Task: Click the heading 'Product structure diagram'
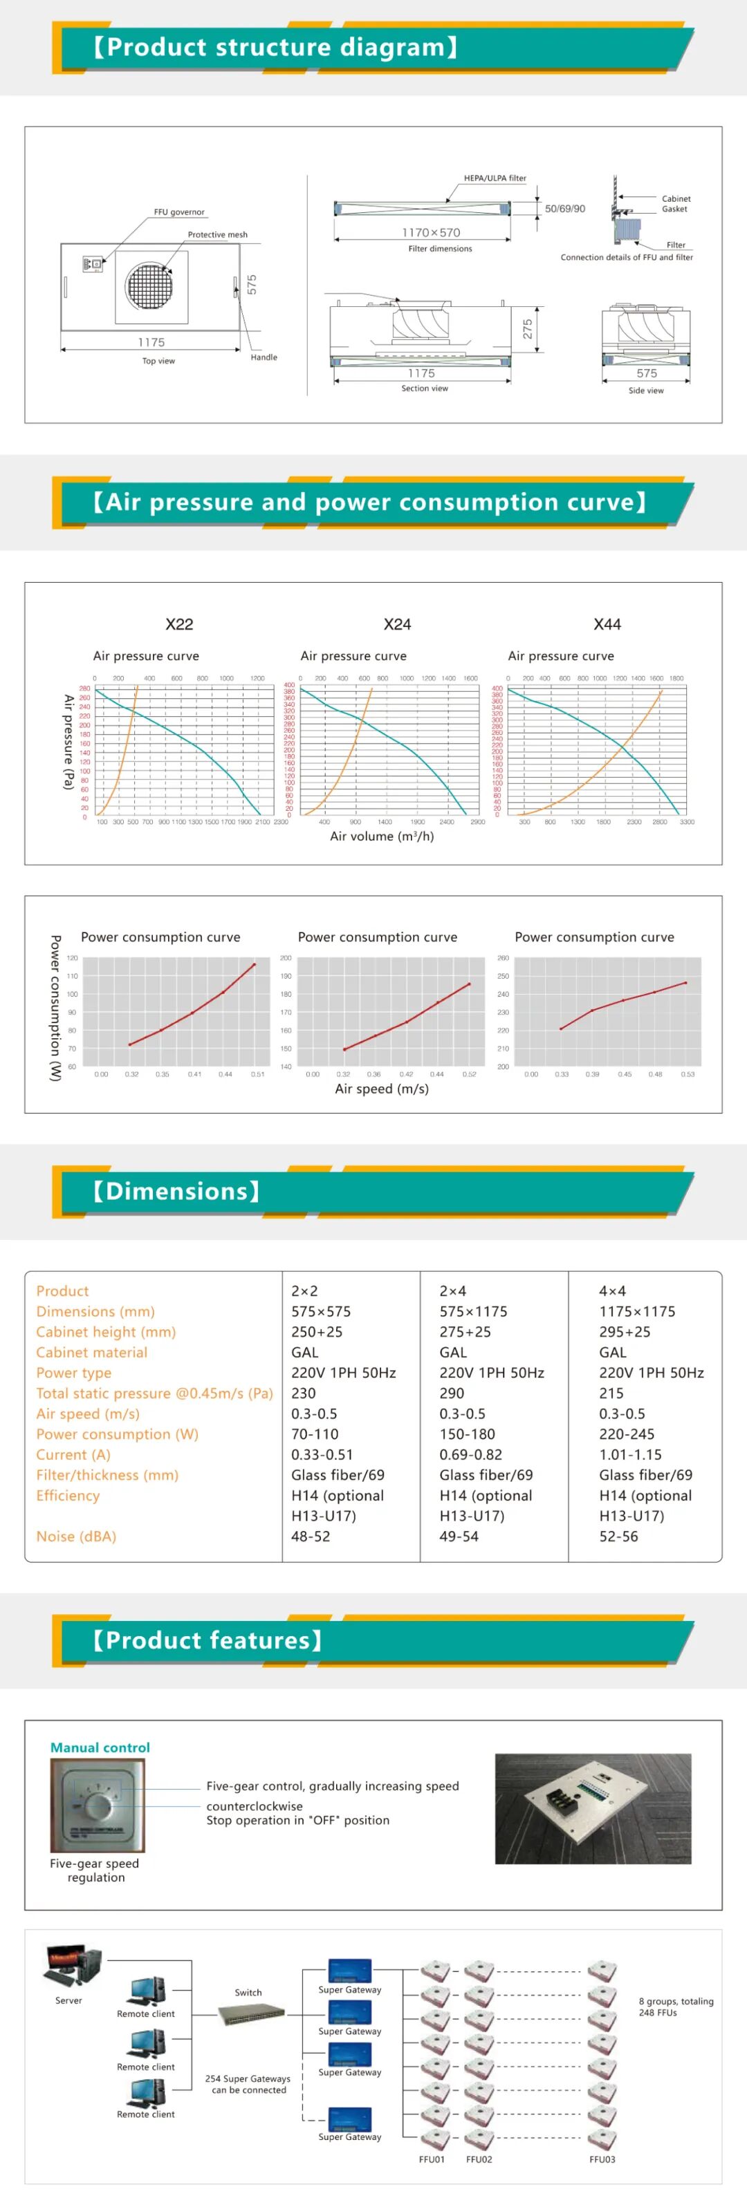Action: (x=275, y=48)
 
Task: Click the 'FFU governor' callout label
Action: (x=179, y=212)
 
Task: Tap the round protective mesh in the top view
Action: (x=150, y=284)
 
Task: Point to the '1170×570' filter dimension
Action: (x=431, y=232)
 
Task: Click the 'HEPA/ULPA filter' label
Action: (x=495, y=178)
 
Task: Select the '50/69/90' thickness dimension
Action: (x=564, y=209)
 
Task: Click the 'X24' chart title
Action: (x=398, y=624)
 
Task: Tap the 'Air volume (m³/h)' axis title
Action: (x=382, y=836)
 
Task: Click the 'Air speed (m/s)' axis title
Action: (x=382, y=1089)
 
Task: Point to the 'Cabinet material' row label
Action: (x=92, y=1352)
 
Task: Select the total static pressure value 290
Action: (x=452, y=1393)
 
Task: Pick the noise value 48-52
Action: (x=311, y=1536)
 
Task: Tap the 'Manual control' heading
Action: (x=100, y=1747)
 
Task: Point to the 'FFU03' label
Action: (x=602, y=2159)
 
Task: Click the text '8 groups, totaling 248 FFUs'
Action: (x=675, y=2007)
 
